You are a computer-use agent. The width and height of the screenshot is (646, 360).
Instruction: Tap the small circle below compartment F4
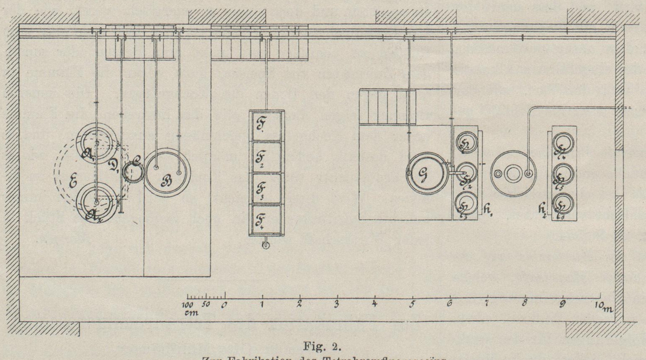(x=265, y=245)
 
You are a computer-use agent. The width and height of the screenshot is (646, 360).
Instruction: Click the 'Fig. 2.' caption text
(x=323, y=347)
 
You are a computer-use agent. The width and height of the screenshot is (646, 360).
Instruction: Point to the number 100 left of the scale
(x=189, y=304)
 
